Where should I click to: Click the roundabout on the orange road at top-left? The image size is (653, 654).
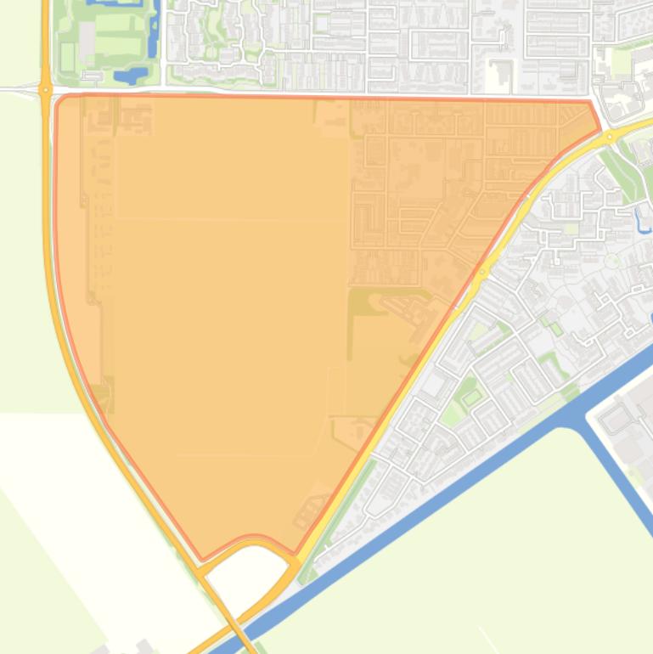(x=45, y=88)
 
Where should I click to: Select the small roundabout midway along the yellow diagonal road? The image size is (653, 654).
(x=482, y=273)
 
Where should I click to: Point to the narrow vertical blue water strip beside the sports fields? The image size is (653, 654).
(x=153, y=34)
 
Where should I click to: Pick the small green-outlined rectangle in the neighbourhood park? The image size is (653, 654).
(x=470, y=397)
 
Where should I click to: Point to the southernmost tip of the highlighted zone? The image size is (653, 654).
(x=201, y=560)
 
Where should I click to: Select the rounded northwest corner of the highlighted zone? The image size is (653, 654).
(x=59, y=101)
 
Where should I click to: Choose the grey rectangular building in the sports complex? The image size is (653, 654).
(x=87, y=35)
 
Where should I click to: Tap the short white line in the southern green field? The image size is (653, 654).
(x=487, y=637)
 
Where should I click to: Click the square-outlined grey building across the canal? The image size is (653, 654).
(x=618, y=416)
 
